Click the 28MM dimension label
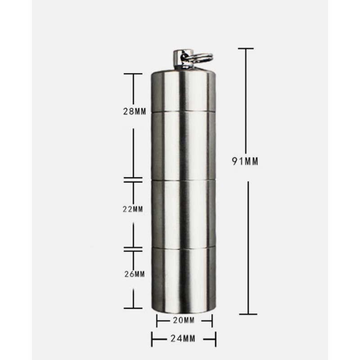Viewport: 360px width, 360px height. (135, 111)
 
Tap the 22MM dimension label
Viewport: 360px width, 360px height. (133, 209)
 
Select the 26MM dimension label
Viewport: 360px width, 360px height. (135, 274)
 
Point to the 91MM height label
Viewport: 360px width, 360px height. (245, 161)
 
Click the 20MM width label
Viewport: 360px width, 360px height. (184, 320)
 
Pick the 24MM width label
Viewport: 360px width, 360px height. (183, 339)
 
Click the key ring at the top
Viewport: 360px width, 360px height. (200, 58)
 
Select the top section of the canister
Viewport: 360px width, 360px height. (183, 91)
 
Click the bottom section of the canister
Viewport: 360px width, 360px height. (183, 280)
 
